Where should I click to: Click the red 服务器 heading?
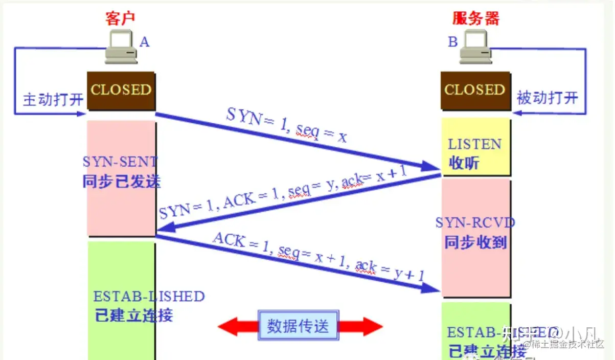(475, 18)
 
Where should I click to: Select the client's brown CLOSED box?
(121, 90)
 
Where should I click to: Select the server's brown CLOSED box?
(475, 90)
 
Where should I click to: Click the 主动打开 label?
(53, 99)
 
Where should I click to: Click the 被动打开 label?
(547, 97)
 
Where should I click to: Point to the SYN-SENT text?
(121, 162)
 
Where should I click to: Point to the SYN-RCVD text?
(475, 222)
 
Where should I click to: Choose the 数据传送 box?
(298, 326)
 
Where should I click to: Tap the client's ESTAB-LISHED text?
(149, 297)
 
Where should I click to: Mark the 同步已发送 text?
(121, 181)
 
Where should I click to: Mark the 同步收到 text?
(475, 241)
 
